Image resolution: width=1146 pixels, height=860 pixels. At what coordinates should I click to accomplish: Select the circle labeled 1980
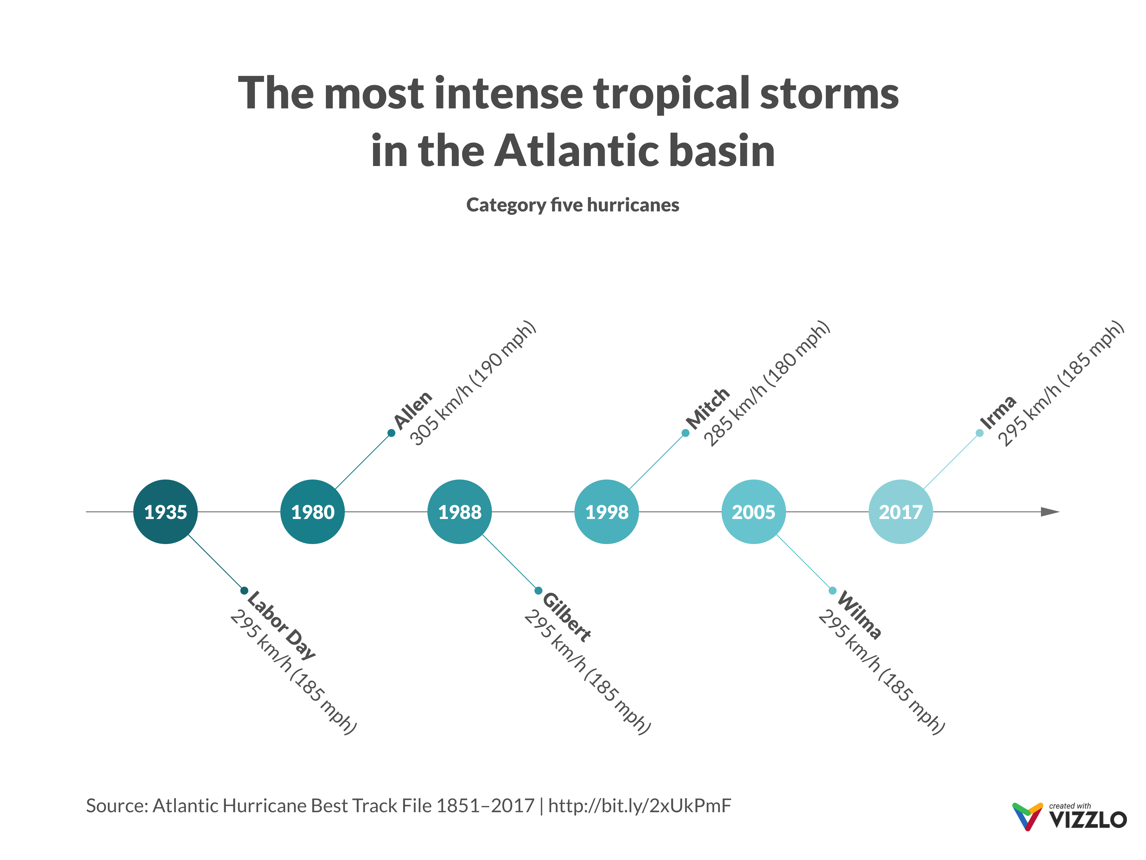312,512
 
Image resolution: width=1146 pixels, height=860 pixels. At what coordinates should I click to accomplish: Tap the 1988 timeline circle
460,512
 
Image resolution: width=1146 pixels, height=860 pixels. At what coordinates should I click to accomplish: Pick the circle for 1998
607,512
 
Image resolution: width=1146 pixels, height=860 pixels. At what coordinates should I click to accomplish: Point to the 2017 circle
900,512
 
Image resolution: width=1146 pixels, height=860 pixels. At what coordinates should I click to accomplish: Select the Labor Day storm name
281,625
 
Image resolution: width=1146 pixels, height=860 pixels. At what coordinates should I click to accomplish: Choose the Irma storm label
998,413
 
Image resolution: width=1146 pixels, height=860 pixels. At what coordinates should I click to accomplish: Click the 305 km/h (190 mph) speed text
472,384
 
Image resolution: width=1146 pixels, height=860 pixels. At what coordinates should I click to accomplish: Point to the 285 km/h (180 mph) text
767,384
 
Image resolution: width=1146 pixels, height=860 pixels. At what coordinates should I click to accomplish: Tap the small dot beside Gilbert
538,590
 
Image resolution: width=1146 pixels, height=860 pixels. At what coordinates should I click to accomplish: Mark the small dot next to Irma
979,433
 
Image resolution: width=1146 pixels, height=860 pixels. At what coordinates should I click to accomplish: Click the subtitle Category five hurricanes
572,205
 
